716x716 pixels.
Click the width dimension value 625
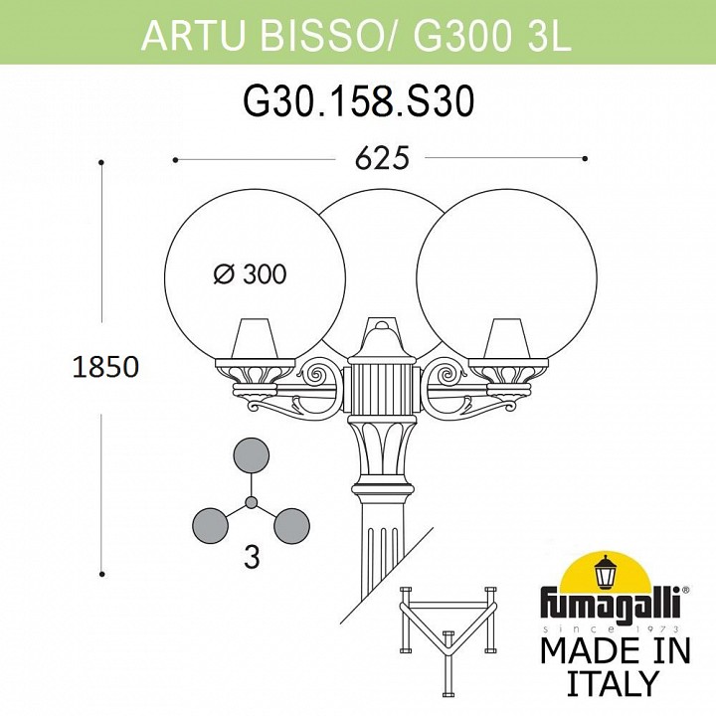[382, 159]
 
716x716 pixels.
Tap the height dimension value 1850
[105, 367]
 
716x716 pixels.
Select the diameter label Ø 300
[251, 274]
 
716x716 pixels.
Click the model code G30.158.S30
[359, 101]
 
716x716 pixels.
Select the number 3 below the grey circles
[252, 558]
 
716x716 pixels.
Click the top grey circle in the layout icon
[252, 455]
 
